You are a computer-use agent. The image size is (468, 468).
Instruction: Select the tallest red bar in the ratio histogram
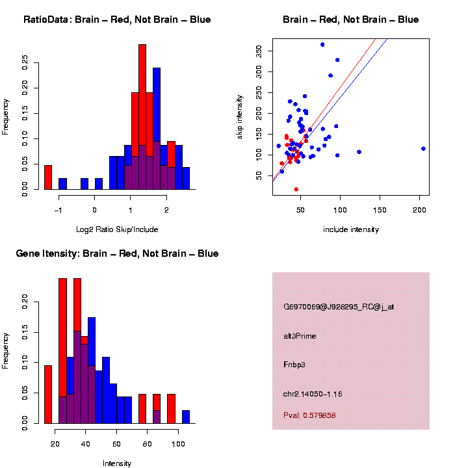[x=142, y=117]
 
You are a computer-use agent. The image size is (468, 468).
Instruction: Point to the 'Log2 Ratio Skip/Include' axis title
[x=117, y=229]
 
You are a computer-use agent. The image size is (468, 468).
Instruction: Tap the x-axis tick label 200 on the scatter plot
[x=420, y=211]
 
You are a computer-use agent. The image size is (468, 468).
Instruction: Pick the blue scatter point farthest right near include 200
[x=423, y=148]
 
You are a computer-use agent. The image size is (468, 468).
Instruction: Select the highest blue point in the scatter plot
[x=322, y=44]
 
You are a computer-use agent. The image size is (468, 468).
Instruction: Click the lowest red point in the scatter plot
[x=296, y=189]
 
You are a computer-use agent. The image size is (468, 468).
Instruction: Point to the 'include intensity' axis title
[x=351, y=229]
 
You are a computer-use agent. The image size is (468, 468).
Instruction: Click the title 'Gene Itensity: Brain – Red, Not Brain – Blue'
[x=117, y=253]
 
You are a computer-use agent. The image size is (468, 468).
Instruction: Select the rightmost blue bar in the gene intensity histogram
[x=186, y=417]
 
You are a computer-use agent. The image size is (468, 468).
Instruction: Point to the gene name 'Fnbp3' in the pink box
[x=294, y=365]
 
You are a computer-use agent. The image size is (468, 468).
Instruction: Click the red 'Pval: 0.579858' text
[x=309, y=415]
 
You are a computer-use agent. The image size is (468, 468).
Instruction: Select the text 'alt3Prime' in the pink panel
[x=300, y=336]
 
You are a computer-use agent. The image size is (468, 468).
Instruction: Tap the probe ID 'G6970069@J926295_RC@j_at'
[x=339, y=307]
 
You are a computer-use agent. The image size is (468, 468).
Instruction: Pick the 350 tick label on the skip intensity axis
[x=259, y=51]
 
